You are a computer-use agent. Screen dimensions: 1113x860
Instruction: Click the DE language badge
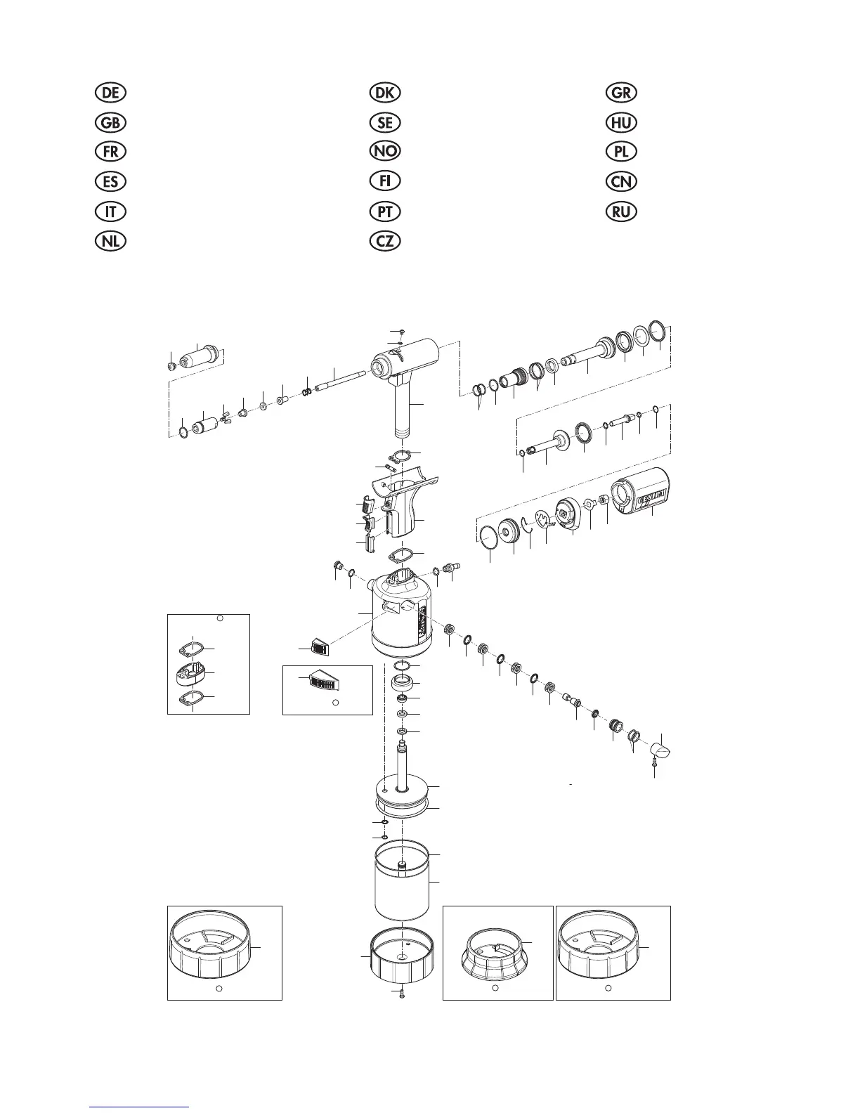(110, 93)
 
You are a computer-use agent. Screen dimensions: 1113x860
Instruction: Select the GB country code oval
(110, 122)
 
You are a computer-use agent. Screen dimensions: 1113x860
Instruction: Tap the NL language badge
(110, 241)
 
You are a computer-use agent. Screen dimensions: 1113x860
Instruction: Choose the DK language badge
(385, 93)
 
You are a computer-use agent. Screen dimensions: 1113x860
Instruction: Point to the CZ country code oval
(385, 241)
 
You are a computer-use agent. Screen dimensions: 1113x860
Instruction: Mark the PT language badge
(385, 211)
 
